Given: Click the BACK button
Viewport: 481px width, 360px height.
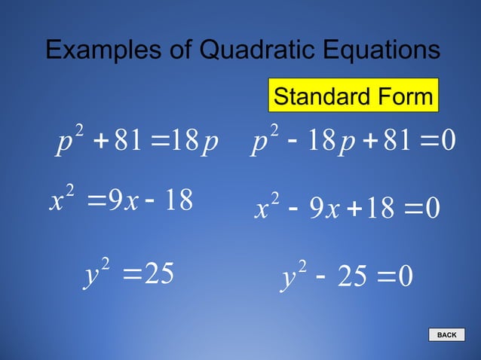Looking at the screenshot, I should (x=447, y=335).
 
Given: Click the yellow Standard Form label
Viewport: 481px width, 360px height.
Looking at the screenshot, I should (x=353, y=96).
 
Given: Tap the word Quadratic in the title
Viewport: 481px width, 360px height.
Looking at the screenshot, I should (x=256, y=50).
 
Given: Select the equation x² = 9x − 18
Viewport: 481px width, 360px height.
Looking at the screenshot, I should (x=121, y=200).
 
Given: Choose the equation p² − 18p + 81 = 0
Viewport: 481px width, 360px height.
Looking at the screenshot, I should (x=354, y=143).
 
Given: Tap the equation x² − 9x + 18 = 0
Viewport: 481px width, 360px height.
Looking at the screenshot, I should (x=348, y=209).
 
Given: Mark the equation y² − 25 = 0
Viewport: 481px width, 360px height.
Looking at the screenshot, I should (x=346, y=279).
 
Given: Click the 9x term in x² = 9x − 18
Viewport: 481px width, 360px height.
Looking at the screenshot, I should (x=122, y=201).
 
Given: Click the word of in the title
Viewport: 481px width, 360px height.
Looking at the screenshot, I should (x=181, y=50).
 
